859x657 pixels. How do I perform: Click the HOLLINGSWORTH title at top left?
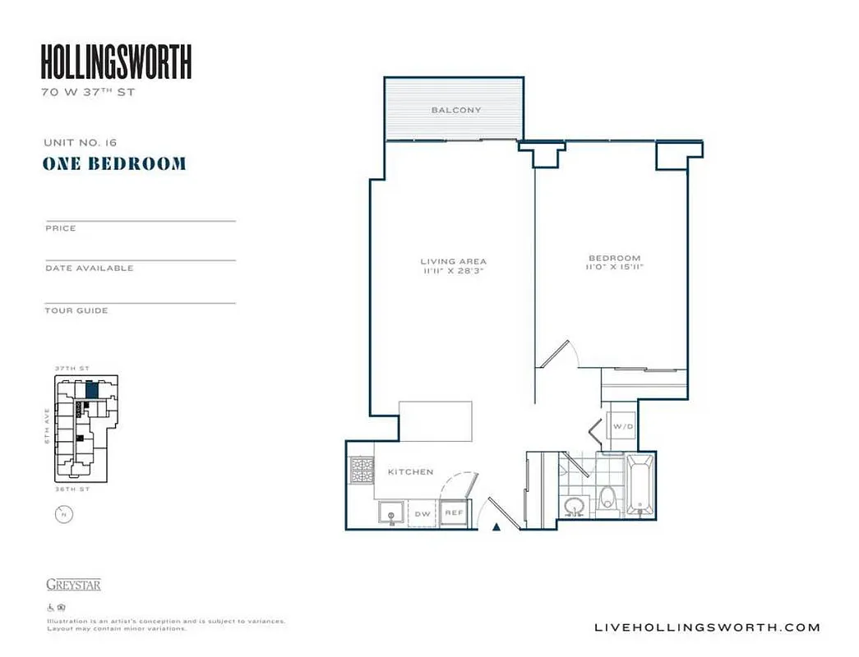click(116, 62)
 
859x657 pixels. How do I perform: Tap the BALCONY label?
click(456, 110)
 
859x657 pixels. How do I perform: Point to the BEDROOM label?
click(613, 258)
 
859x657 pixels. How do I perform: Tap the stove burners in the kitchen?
click(361, 471)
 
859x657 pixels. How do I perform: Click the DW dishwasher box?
click(423, 514)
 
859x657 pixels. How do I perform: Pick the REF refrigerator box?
click(453, 512)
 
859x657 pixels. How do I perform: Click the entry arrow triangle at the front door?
click(496, 527)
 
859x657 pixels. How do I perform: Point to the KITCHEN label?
click(410, 472)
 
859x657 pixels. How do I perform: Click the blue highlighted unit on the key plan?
click(92, 389)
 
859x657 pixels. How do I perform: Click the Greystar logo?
click(73, 585)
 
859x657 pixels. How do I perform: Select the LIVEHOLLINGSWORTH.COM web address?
click(706, 627)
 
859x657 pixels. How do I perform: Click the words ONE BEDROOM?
click(114, 163)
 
